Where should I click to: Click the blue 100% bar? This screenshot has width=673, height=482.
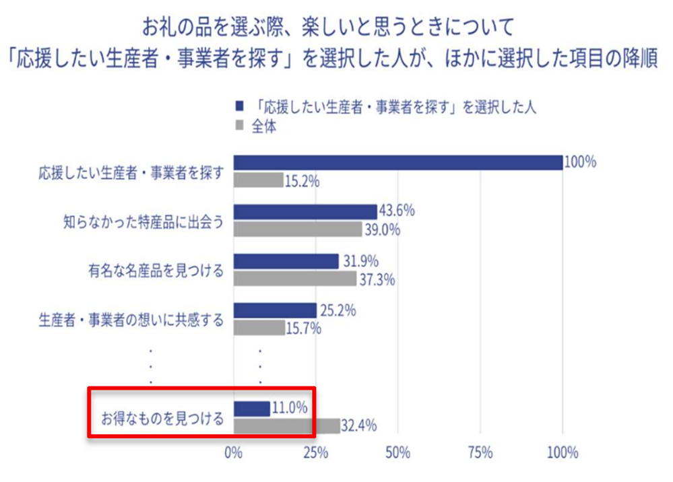[397, 163]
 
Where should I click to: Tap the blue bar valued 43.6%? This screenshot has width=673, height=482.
[305, 212]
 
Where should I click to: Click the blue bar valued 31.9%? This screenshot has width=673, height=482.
[286, 261]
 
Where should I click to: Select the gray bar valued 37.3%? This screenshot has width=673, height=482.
[294, 278]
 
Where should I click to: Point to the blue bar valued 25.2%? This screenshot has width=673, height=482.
[275, 310]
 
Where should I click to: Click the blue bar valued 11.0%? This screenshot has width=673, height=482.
[251, 409]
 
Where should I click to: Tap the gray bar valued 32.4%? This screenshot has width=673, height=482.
[286, 425]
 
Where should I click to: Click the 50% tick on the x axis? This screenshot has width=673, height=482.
[398, 452]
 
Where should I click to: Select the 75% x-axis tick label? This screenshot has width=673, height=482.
[480, 452]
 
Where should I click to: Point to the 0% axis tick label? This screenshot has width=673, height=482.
[233, 452]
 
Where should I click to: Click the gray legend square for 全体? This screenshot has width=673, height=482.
[238, 126]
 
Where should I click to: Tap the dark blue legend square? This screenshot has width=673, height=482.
[238, 107]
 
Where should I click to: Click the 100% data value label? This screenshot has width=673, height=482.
[581, 162]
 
